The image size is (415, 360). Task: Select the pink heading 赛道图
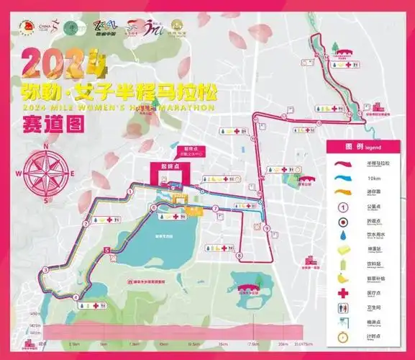click(x=52, y=123)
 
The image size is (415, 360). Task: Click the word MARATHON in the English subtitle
click(x=186, y=108)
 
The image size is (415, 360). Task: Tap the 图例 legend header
click(x=357, y=146)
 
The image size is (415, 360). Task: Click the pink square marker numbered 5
click(x=107, y=251)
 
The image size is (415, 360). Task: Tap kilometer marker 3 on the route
click(x=45, y=269)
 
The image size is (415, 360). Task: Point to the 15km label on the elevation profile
click(x=224, y=343)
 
